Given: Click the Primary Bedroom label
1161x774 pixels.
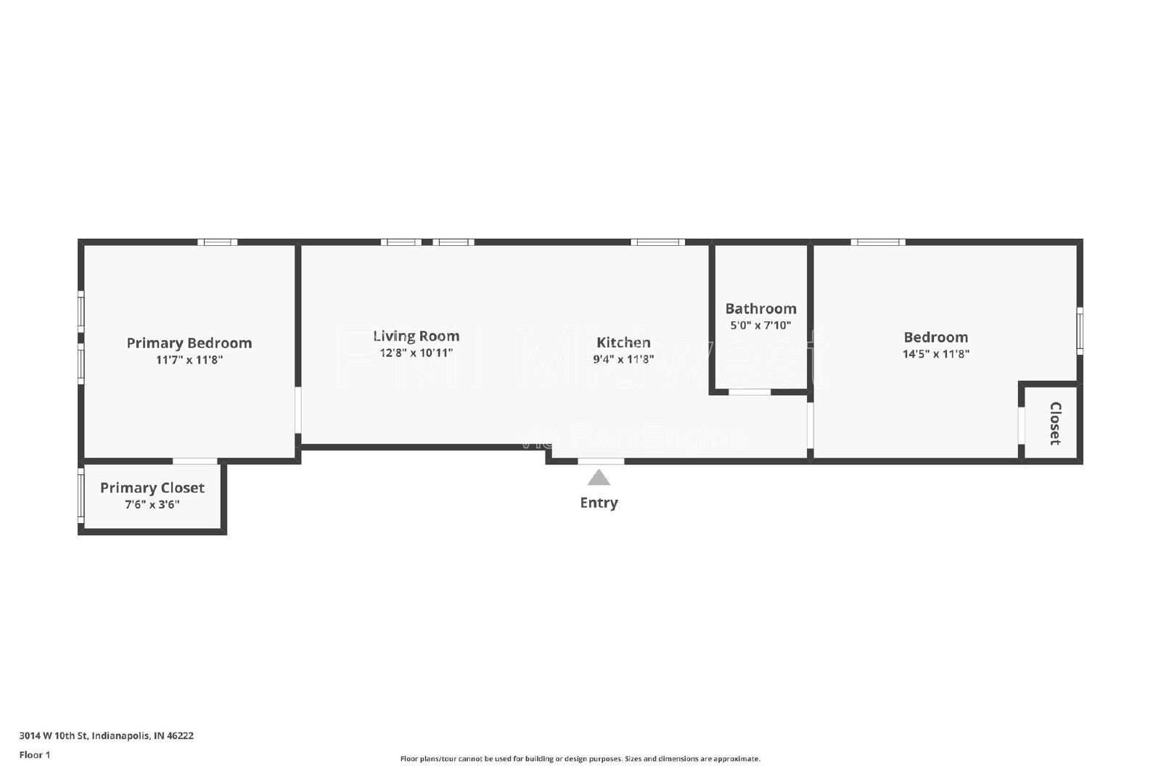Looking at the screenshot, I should [189, 343].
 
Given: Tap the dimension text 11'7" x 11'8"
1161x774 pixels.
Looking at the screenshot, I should [189, 360].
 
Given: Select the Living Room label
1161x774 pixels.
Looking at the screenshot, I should [416, 336].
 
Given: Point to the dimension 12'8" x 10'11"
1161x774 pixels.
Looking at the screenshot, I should [416, 353].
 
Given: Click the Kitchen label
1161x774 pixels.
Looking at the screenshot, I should [623, 342].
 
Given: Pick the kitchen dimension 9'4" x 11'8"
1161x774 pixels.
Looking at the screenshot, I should [623, 359].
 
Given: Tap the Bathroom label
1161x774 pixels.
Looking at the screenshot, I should [760, 308].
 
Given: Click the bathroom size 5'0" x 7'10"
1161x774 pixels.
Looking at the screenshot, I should [760, 326].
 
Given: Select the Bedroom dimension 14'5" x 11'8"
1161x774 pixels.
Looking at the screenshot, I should [935, 354].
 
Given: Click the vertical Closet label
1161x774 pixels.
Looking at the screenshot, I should [1055, 423].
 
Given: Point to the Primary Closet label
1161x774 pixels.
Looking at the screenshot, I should [152, 487].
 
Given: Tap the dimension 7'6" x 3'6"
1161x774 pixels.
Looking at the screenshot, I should [152, 504].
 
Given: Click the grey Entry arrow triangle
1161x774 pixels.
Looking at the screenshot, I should [599, 478].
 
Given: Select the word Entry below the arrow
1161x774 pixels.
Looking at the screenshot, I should [599, 503].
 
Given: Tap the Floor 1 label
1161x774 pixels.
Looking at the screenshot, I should [35, 755].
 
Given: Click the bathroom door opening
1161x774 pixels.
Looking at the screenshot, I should [750, 392].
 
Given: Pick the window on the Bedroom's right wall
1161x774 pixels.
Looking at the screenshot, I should [1080, 331].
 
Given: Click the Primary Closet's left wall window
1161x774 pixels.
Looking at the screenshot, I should [81, 495].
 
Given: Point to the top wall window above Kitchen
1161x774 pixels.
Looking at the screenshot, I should [657, 242].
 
